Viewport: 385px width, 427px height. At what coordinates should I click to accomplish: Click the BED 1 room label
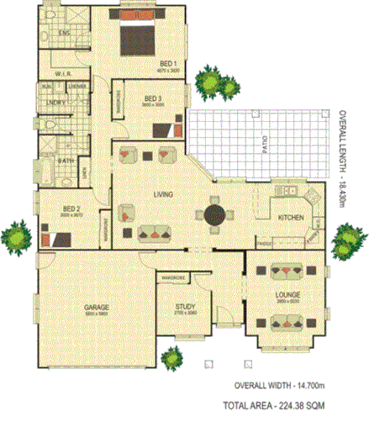pyautogui.click(x=167, y=63)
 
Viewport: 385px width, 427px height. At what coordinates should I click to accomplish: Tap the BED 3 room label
pyautogui.click(x=152, y=98)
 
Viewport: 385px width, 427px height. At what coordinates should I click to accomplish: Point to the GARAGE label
pyautogui.click(x=97, y=308)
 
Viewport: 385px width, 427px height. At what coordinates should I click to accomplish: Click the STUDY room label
pyautogui.click(x=186, y=308)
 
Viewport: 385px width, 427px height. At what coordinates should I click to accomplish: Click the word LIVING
pyautogui.click(x=163, y=195)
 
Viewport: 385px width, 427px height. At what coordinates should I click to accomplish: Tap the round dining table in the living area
pyautogui.click(x=214, y=213)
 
